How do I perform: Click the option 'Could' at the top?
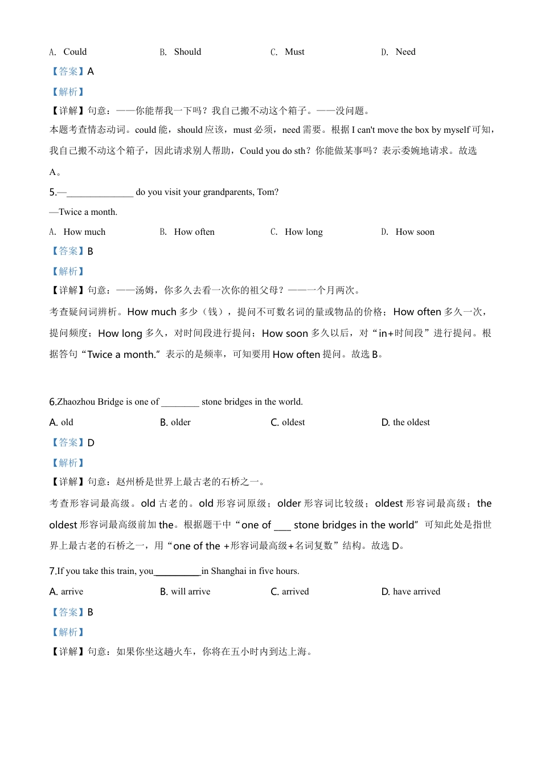click(x=75, y=52)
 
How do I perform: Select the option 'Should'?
click(x=187, y=52)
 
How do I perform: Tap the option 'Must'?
click(x=294, y=52)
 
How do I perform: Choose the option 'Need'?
click(x=405, y=52)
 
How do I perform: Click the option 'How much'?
click(x=84, y=232)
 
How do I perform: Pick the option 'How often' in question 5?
click(x=194, y=232)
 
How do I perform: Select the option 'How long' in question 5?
click(x=304, y=232)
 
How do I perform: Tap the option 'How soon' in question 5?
click(x=415, y=232)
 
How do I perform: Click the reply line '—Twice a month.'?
click(x=84, y=212)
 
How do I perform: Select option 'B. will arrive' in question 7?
click(x=185, y=592)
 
